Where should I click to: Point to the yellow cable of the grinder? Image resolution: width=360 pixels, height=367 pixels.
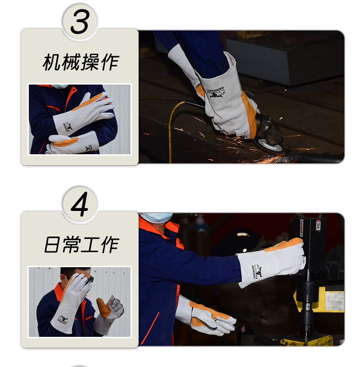point(171,130)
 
